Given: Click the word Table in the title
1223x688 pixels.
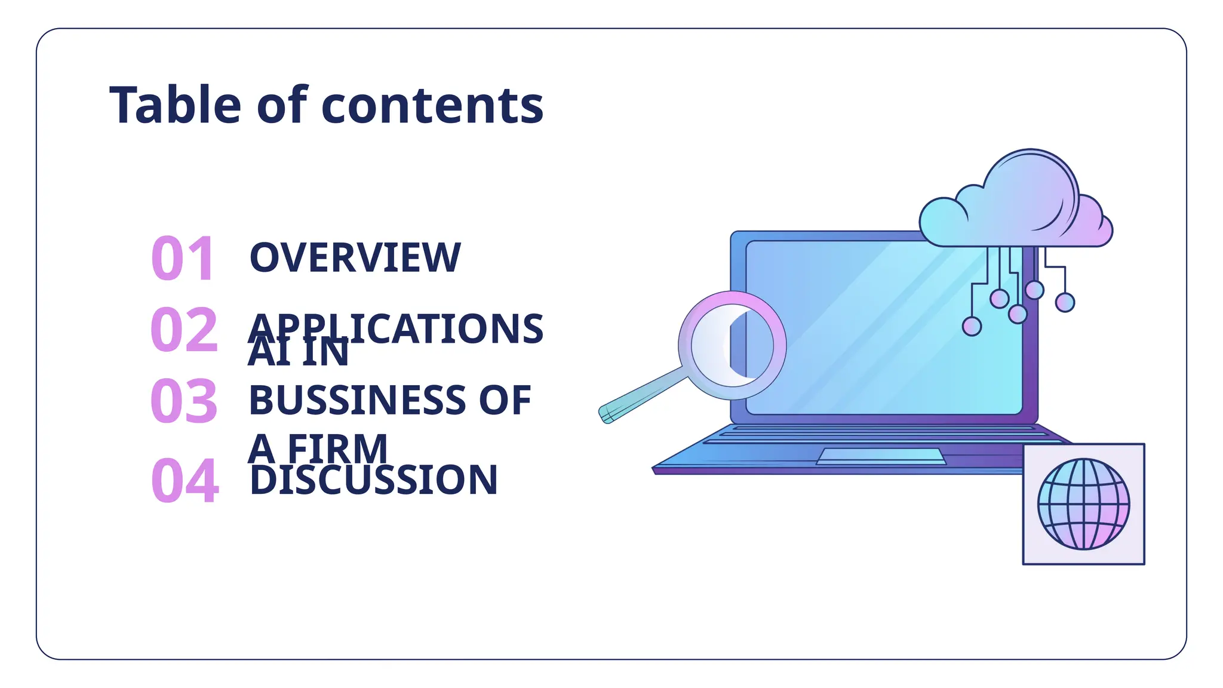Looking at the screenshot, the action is click(175, 105).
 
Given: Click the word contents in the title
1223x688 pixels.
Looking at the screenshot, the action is click(432, 106).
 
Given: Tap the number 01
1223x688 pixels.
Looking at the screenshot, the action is click(182, 258).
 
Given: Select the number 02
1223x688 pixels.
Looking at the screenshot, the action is click(184, 329).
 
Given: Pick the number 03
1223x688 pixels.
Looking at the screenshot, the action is click(184, 401).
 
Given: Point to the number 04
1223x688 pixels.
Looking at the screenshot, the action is click(185, 480).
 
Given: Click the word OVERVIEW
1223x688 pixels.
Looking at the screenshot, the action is click(355, 258).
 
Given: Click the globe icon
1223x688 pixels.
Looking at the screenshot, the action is click(1083, 504).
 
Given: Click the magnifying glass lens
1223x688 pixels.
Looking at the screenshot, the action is click(733, 345).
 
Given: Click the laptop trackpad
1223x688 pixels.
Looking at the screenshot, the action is click(881, 456).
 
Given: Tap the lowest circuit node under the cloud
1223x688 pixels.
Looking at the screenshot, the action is click(972, 326).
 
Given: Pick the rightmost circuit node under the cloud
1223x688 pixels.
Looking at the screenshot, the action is click(1065, 302).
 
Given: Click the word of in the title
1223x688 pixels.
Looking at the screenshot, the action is click(282, 105).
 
